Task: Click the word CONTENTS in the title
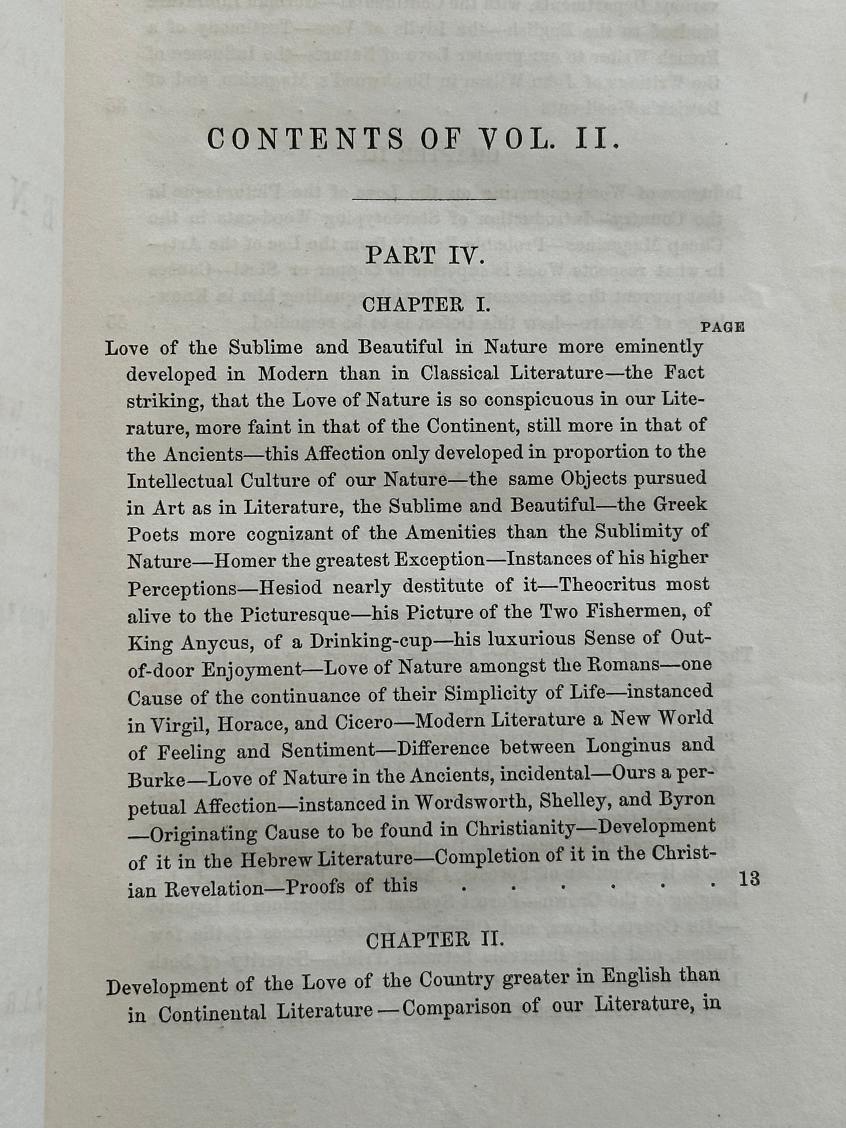pos(305,140)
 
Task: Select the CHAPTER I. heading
pos(426,305)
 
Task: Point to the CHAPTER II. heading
pos(434,941)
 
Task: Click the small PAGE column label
pos(722,327)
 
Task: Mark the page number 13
pos(749,879)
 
